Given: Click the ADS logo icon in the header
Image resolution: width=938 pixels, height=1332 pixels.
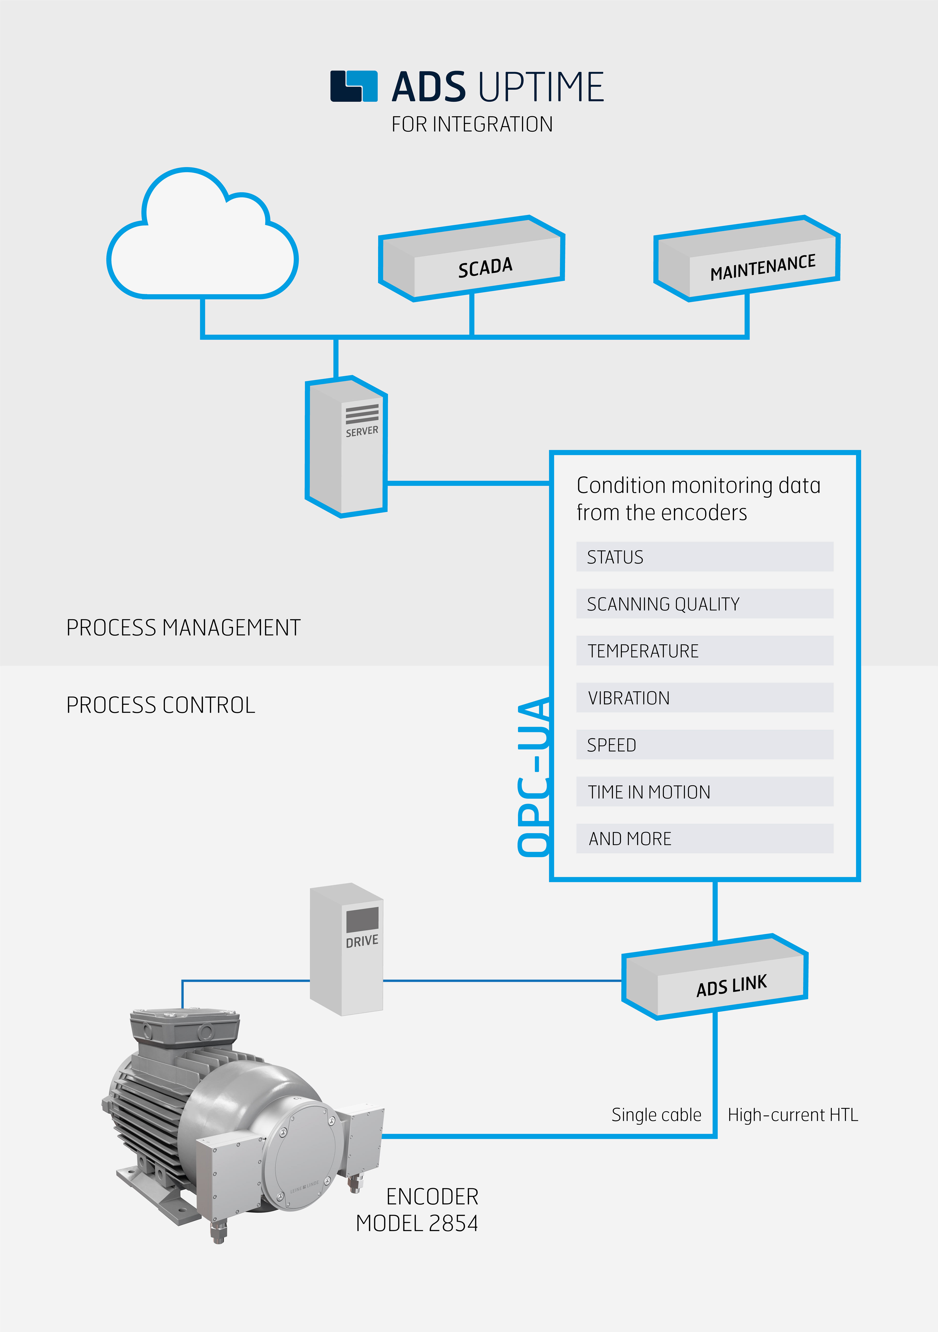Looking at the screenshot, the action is (354, 87).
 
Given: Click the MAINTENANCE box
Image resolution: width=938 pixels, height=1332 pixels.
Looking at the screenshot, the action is (746, 258).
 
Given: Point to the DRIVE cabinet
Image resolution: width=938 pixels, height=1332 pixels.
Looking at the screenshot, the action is (346, 949).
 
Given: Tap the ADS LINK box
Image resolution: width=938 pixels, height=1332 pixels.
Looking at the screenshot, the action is (715, 977).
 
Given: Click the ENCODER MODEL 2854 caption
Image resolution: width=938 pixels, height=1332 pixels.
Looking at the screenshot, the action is (418, 1210).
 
